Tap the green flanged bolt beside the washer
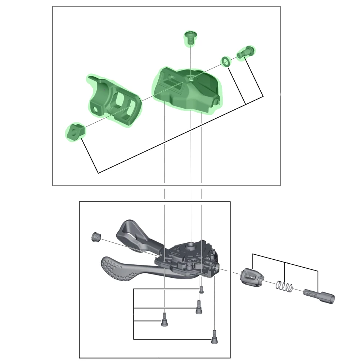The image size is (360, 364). click(244, 53)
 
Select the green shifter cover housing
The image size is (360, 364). click(187, 90)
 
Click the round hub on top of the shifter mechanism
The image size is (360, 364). click(191, 246)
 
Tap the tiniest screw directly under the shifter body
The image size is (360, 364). click(202, 288)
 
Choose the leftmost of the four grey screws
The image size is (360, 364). click(164, 319)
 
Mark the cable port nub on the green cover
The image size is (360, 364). click(217, 102)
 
